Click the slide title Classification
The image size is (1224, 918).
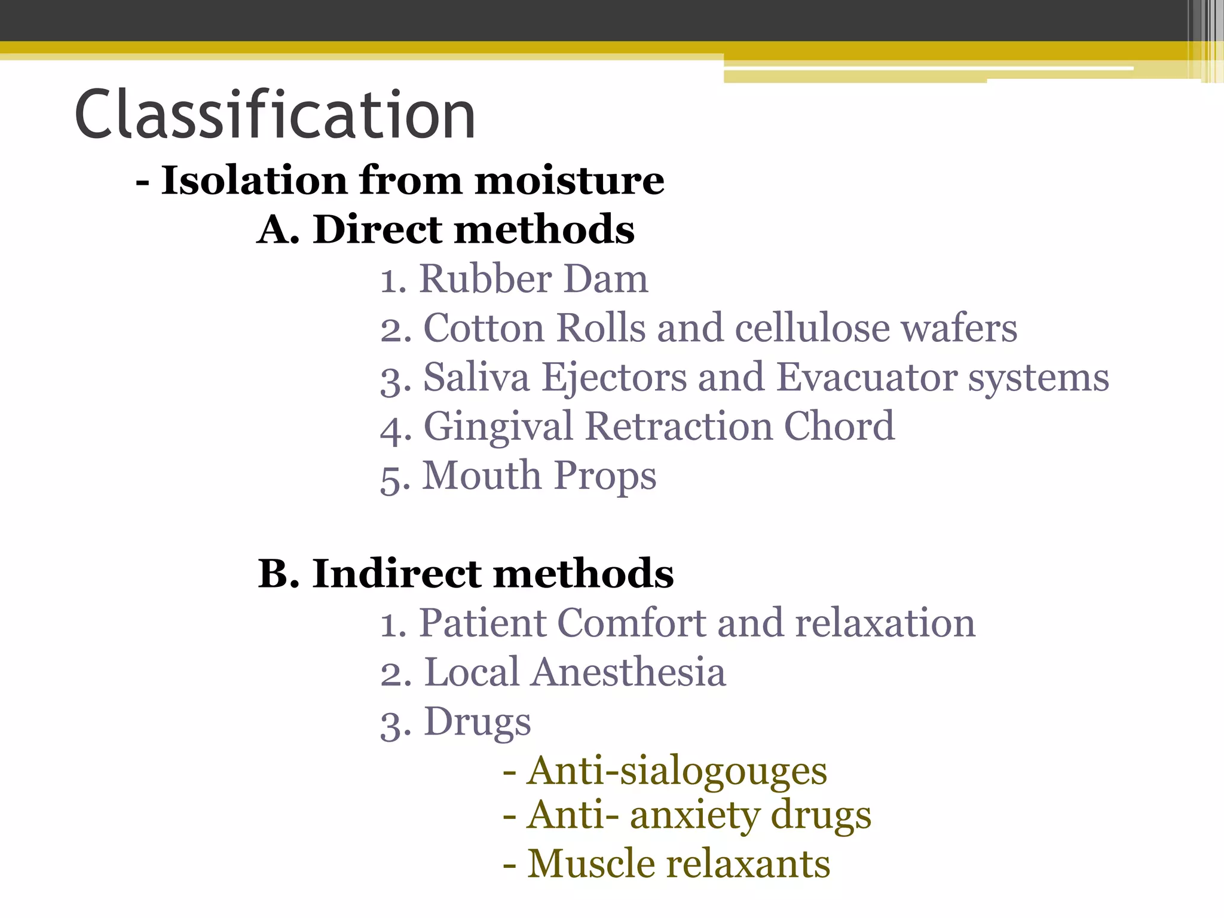tap(275, 115)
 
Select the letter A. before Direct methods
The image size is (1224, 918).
tap(278, 230)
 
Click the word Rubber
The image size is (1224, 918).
tap(485, 279)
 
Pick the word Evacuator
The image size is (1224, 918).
tap(867, 378)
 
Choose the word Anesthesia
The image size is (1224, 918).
tap(628, 672)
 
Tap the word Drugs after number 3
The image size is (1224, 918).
tap(477, 723)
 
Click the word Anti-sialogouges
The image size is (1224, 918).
tap(677, 771)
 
